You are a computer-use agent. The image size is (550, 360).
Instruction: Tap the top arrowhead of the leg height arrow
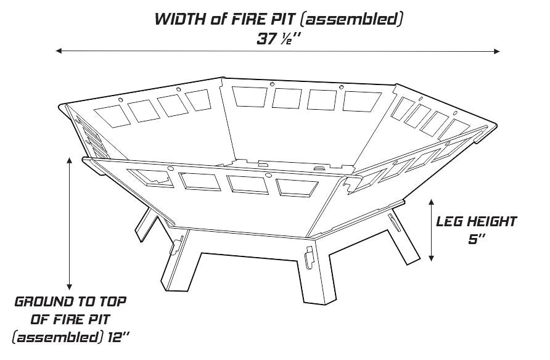click(431, 202)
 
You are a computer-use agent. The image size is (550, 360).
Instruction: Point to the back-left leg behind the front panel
click(144, 223)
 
